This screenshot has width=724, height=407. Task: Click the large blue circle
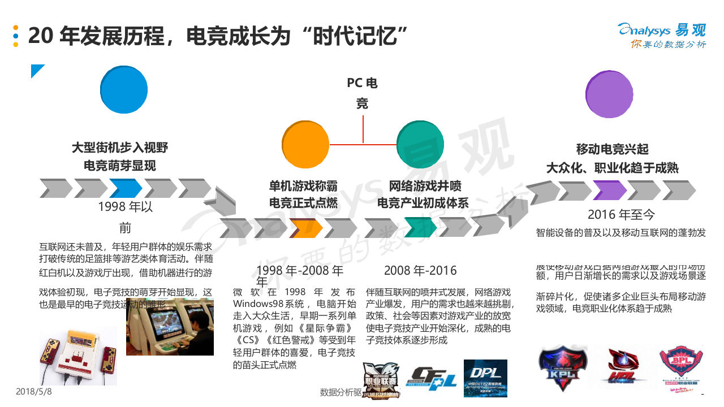(x=124, y=90)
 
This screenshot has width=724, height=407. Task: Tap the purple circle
(x=609, y=94)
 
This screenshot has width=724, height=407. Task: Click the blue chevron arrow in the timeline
(x=125, y=188)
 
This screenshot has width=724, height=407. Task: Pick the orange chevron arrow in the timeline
(x=306, y=227)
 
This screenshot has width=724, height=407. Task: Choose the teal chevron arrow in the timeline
(x=420, y=227)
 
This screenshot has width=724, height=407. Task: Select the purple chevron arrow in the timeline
(x=610, y=190)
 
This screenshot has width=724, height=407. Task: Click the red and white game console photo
(x=77, y=356)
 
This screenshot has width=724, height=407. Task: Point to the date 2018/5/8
(x=34, y=392)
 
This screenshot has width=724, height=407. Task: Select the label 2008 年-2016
(x=420, y=271)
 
